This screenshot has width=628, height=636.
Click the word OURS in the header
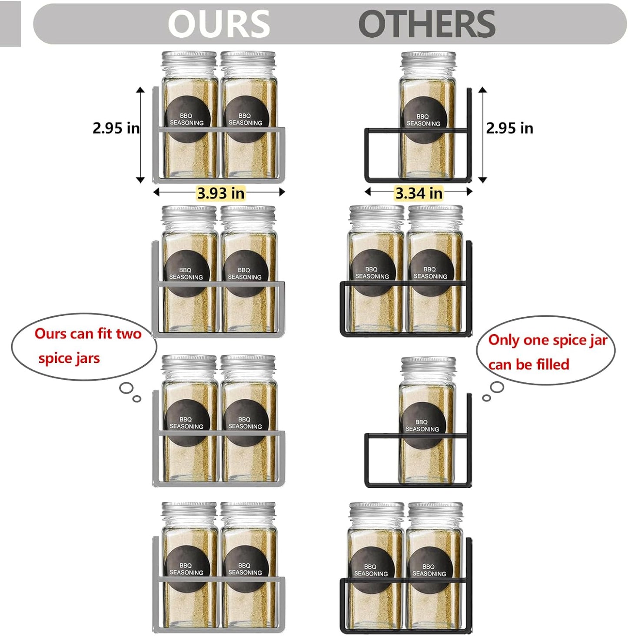219,23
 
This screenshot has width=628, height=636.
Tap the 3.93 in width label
221,193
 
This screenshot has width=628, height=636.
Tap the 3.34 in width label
419,193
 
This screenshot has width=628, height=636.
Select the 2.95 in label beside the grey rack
116,128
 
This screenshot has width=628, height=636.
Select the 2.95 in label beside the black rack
509,128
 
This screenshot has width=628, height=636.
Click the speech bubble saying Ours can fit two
84,346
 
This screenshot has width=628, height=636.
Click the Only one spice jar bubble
546,351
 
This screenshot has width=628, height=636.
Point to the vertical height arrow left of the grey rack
140,135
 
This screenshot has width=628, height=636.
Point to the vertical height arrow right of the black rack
482,135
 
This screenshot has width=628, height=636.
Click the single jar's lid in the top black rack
428,60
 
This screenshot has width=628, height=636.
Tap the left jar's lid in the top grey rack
189,60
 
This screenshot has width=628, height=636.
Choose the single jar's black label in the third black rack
422,425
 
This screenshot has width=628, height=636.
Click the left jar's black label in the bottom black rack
371,570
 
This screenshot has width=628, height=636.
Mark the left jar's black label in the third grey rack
186,422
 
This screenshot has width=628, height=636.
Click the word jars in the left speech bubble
88,358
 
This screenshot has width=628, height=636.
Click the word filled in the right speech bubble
552,364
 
